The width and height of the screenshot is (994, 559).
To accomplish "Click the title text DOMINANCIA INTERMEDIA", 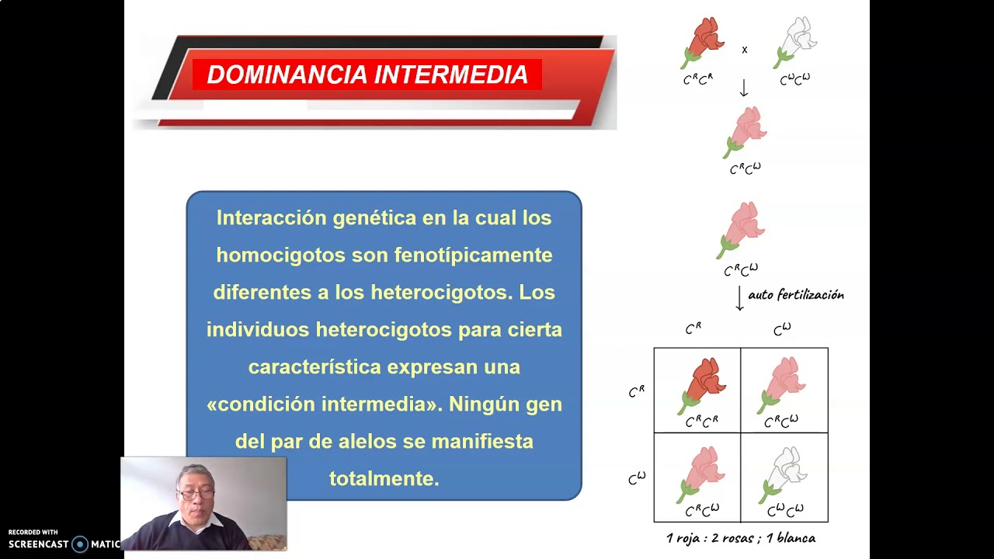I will coord(367,75).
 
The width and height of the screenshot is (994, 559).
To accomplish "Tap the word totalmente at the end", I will coord(384,479).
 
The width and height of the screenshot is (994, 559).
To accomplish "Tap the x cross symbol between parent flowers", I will coord(744,50).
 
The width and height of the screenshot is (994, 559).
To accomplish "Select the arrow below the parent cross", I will coord(743,89).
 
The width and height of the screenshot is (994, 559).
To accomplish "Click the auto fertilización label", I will coord(795,295).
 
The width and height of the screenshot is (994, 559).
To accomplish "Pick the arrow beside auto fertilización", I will coord(739,299).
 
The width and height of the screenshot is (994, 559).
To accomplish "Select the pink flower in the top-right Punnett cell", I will coord(782,384).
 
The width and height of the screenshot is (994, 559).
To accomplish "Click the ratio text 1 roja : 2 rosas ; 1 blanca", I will coord(740,538).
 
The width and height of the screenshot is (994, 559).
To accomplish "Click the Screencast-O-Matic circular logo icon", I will coord(79,544).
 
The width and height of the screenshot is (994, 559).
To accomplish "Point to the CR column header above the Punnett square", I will coord(693,329).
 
